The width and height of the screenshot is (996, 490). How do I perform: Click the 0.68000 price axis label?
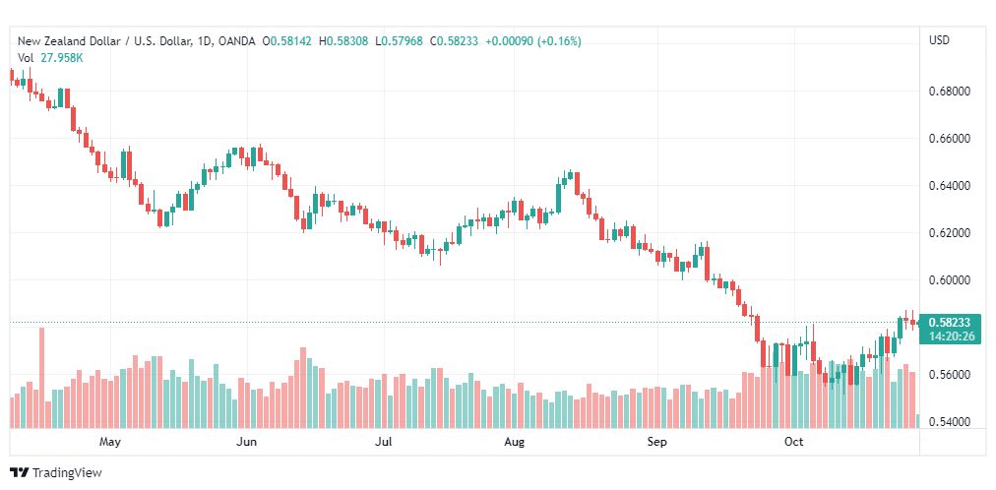tap(950, 92)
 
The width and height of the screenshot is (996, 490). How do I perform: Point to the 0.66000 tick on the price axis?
tap(950, 139)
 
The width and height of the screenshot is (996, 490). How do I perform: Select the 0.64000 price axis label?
tap(950, 186)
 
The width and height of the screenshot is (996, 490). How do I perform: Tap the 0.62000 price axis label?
tap(950, 233)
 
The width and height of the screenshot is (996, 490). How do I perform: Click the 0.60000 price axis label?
tap(950, 279)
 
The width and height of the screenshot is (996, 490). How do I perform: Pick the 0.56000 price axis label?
tap(950, 375)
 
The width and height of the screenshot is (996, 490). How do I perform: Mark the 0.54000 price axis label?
tap(950, 422)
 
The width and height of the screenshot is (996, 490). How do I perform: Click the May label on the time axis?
tap(110, 442)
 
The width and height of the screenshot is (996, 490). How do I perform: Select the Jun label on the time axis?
tap(246, 442)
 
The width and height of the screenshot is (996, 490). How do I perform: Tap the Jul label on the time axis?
tap(383, 442)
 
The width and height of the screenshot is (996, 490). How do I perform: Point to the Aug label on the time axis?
tap(514, 442)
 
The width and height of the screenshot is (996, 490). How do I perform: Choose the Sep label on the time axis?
tap(656, 442)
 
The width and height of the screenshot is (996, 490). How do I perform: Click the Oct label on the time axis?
tap(794, 442)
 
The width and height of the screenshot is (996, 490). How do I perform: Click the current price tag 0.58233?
tap(950, 323)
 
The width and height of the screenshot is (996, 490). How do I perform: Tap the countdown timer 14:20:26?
tap(950, 336)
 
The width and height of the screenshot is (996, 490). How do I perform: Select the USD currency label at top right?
tap(940, 40)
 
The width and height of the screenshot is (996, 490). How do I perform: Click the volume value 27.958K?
tap(62, 58)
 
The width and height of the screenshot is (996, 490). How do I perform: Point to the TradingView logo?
tap(56, 473)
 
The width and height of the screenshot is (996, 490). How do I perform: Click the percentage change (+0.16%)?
tap(559, 41)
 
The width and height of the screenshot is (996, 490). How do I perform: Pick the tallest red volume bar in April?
tap(42, 378)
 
